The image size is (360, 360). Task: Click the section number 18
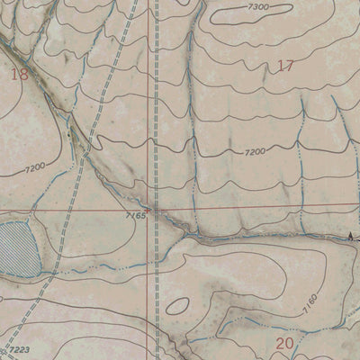[x=19, y=75]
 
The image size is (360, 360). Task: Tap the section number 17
[x=286, y=65]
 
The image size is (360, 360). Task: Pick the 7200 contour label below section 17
[x=255, y=153]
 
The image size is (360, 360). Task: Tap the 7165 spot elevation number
[x=136, y=215]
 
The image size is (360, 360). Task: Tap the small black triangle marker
[x=350, y=236]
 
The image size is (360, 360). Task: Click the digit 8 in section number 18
[x=23, y=75]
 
